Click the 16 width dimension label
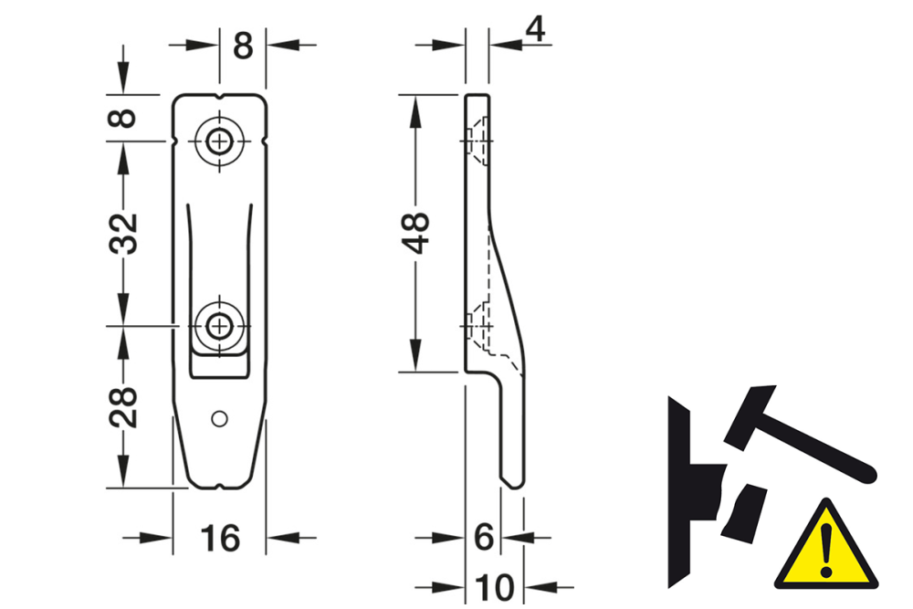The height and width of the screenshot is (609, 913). [220, 538]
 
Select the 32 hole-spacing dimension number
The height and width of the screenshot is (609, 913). [125, 233]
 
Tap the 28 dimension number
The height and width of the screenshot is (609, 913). [125, 407]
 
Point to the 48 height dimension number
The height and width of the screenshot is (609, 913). [417, 233]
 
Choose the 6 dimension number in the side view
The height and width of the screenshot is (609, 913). [484, 538]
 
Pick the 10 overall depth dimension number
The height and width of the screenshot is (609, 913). [495, 585]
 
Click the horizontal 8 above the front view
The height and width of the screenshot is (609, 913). [242, 45]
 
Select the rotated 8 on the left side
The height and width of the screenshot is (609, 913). [125, 118]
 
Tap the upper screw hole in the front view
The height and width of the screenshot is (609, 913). [219, 142]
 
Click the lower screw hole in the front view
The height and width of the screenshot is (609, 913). [219, 325]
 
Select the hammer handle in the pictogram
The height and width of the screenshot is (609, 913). [822, 448]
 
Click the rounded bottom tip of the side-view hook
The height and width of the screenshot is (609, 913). [513, 481]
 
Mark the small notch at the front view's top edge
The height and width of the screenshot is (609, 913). [219, 96]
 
